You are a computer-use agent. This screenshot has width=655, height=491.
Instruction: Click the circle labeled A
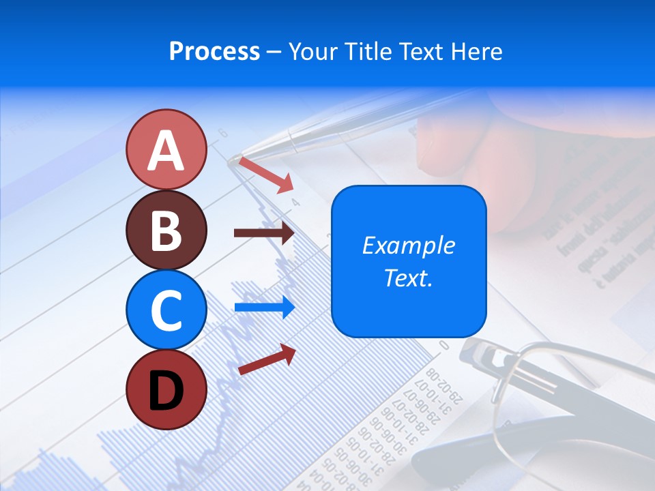pos(166,149)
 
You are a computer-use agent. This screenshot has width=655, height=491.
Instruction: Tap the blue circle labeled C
pos(166,310)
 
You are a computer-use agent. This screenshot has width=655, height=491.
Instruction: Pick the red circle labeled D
pos(166,389)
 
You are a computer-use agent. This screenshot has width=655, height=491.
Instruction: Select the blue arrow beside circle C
pos(264,307)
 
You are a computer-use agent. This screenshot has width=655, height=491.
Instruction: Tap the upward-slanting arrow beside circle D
pos(267,359)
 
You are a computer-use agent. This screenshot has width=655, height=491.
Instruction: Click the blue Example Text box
pos(409,261)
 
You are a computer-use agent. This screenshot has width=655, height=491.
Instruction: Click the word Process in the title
pos(214,51)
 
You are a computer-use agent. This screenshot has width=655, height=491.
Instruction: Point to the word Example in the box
pos(409,245)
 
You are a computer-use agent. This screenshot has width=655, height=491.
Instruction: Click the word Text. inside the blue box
pos(409,278)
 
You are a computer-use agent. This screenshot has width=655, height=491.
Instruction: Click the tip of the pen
pos(234,161)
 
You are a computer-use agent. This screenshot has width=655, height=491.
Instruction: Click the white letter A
pos(166,151)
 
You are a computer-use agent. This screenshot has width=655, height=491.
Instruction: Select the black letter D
pos(166,391)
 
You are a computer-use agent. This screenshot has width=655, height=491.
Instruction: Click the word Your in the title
pos(314,51)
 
